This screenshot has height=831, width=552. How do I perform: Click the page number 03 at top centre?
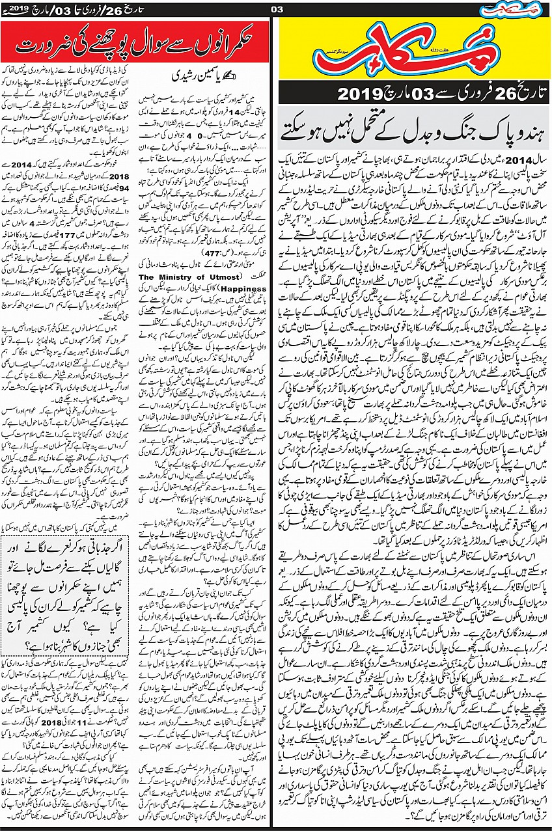(276, 8)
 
